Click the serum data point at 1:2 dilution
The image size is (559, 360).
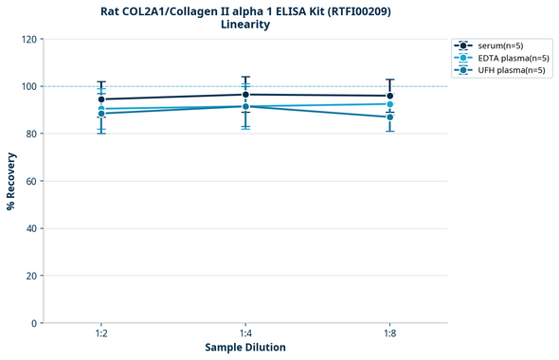101,99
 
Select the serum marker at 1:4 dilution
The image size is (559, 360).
245,95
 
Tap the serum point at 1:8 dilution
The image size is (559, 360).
389,96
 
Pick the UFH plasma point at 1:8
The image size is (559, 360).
389,117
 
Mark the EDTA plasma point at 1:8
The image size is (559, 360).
389,104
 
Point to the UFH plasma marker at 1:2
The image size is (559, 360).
101,114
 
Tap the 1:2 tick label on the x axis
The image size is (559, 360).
101,333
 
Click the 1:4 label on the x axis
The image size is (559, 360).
245,333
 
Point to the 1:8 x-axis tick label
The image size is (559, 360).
389,333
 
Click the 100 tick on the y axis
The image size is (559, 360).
28,86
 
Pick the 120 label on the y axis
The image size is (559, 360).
28,39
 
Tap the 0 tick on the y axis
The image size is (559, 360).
34,323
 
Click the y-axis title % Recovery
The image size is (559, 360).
11,180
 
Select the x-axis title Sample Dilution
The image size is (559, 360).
245,348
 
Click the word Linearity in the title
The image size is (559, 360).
245,25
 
